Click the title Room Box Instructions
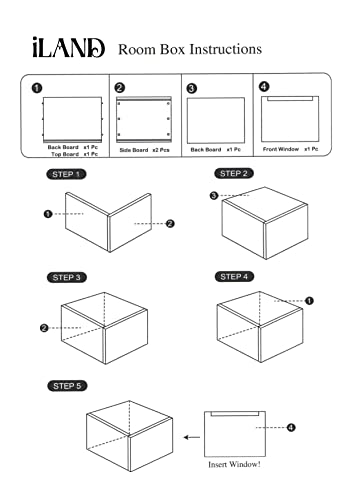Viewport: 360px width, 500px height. coord(190,49)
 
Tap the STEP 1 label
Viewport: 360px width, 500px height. coord(66,175)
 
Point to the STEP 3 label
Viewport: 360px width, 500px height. coord(66,276)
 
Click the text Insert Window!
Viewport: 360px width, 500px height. coord(234,464)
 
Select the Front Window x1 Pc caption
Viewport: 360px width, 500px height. coord(290,147)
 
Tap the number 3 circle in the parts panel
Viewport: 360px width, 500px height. coord(191,88)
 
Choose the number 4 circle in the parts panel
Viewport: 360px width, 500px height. coord(264,87)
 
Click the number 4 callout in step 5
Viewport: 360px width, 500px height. coord(291,428)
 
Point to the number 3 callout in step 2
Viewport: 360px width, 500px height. coord(214,196)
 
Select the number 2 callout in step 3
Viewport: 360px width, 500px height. coord(44,327)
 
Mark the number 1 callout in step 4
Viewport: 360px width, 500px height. coord(309,300)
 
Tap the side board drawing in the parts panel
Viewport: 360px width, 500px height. coord(143,120)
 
